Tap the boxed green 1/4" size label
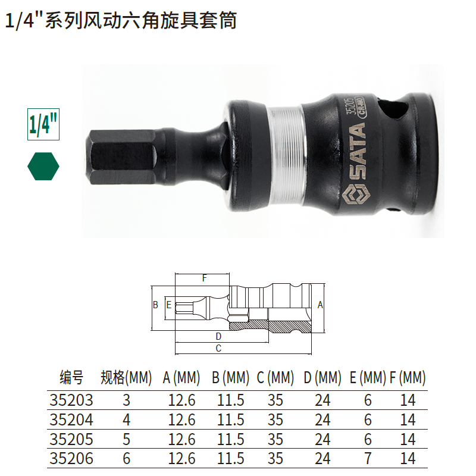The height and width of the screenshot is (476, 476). pyautogui.click(x=43, y=124)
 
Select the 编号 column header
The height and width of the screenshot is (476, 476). pyautogui.click(x=72, y=377)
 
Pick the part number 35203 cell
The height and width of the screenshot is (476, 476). pyautogui.click(x=72, y=400)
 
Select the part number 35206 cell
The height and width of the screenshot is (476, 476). pyautogui.click(x=72, y=458)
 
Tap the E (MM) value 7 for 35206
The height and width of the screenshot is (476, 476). pyautogui.click(x=368, y=458)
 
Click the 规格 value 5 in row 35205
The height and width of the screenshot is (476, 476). pyautogui.click(x=126, y=439)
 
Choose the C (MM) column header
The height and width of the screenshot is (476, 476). pyautogui.click(x=275, y=377)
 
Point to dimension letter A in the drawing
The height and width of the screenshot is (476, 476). pyautogui.click(x=320, y=305)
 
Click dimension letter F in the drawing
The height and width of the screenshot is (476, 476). pyautogui.click(x=204, y=278)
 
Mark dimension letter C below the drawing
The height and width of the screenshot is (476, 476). pyautogui.click(x=218, y=348)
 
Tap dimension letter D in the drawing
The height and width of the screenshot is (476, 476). pyautogui.click(x=218, y=336)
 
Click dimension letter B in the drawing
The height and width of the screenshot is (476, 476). pyautogui.click(x=155, y=305)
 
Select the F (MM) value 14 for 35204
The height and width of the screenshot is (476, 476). pyautogui.click(x=408, y=419)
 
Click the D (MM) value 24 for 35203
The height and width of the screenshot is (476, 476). pyautogui.click(x=322, y=400)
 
